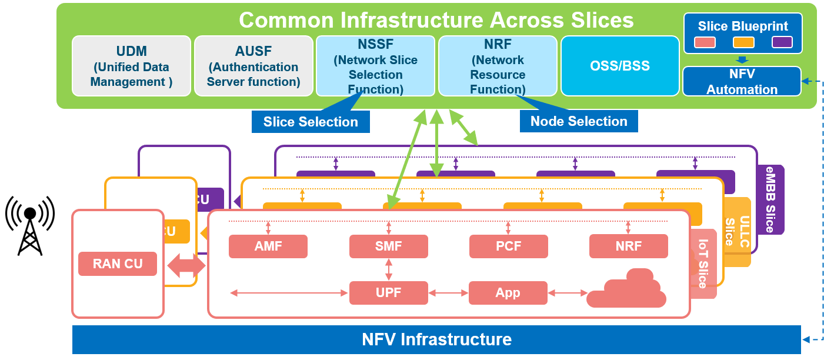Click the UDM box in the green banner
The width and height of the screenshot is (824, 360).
tap(131, 66)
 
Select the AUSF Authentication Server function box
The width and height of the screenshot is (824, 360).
tap(253, 66)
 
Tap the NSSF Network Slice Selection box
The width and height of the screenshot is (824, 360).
tap(375, 66)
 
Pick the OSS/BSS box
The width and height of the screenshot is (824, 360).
tap(620, 66)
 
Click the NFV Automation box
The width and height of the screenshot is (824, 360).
tap(742, 82)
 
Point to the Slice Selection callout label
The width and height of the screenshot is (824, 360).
tap(311, 122)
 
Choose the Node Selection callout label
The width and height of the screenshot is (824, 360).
tap(579, 121)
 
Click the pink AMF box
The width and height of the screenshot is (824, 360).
tap(268, 246)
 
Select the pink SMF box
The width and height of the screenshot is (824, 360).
tap(388, 246)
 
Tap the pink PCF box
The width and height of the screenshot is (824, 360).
tap(508, 246)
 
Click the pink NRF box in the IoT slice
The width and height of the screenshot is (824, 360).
tap(628, 246)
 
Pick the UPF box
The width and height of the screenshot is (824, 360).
tap(388, 293)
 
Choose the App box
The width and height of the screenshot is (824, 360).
tap(508, 293)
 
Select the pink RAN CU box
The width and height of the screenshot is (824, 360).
tap(118, 264)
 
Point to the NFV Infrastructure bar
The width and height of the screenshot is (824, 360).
tap(436, 339)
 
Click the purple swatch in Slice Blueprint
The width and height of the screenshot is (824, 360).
tap(782, 42)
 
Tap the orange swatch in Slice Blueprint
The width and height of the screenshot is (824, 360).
tap(743, 42)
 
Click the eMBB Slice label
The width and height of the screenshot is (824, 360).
tap(769, 199)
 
